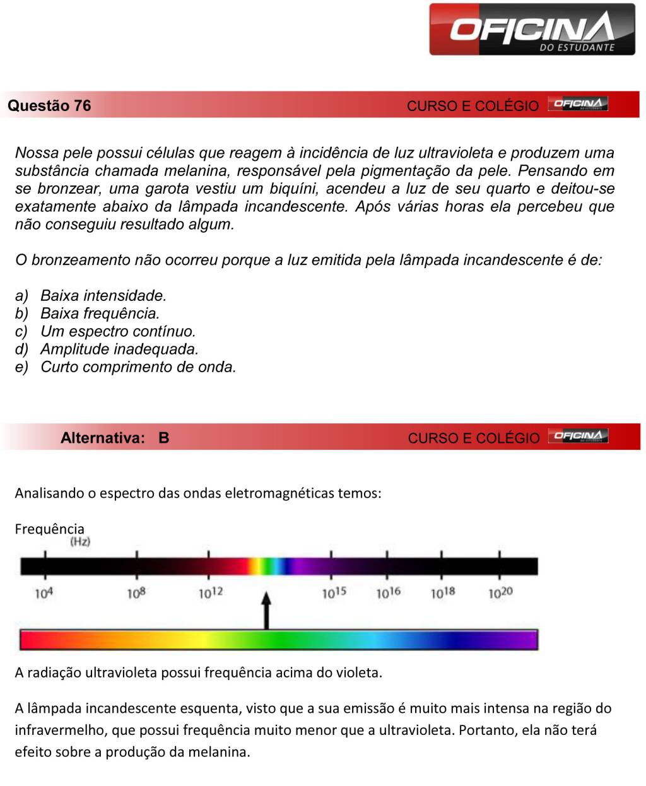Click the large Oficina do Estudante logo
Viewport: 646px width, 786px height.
532,30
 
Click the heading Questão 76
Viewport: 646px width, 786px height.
49,106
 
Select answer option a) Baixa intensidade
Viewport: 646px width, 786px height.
103,295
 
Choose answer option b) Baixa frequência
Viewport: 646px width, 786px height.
100,314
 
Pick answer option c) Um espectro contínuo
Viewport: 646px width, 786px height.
118,331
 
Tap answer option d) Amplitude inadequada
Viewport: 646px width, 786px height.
119,349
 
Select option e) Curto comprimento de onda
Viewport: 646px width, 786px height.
138,367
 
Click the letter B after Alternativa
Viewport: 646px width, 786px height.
164,438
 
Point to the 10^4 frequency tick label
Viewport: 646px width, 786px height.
44,594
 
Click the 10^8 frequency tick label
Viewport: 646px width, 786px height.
136,594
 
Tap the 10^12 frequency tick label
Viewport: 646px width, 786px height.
211,593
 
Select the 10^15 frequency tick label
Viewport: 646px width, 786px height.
334,593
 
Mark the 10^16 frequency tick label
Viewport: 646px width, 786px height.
388,593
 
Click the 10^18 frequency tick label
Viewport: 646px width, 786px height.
443,593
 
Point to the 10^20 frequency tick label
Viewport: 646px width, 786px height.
500,593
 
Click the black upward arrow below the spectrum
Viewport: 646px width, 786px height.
266,610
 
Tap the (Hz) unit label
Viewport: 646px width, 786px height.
80,542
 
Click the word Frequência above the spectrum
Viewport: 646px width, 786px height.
49,529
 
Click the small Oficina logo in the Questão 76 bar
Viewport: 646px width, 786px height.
577,104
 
